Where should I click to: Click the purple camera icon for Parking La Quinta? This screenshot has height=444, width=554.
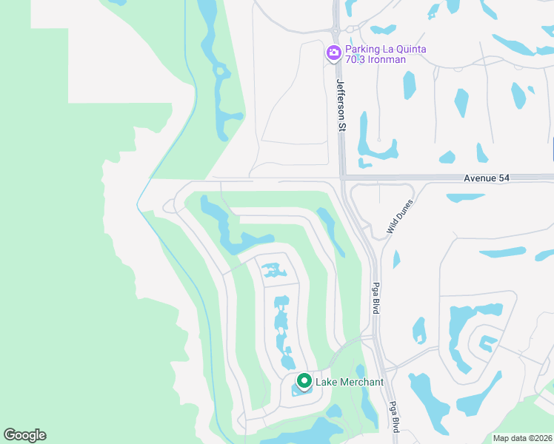tap(333, 53)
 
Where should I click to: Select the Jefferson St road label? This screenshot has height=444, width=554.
tap(341, 106)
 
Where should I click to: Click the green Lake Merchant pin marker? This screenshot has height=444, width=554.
tap(304, 382)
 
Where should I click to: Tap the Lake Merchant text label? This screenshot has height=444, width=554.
tap(350, 382)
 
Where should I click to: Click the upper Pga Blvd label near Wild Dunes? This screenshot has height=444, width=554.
tap(376, 297)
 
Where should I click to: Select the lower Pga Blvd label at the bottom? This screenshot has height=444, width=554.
tap(395, 417)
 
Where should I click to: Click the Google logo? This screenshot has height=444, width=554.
tap(24, 435)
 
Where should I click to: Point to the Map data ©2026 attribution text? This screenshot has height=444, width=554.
tap(522, 438)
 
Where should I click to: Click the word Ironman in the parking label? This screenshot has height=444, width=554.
tap(388, 59)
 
